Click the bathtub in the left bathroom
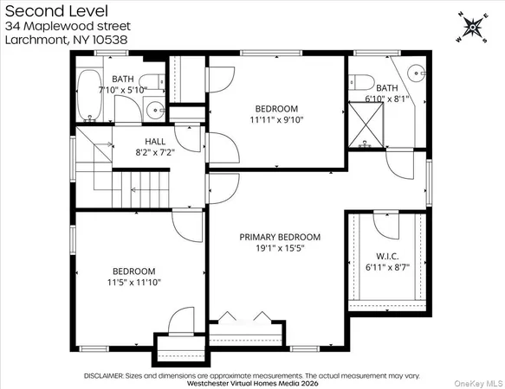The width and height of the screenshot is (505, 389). click(x=89, y=94)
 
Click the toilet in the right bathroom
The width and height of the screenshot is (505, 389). click(x=364, y=85)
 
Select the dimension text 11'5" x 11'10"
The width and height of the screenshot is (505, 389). click(x=133, y=282)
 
